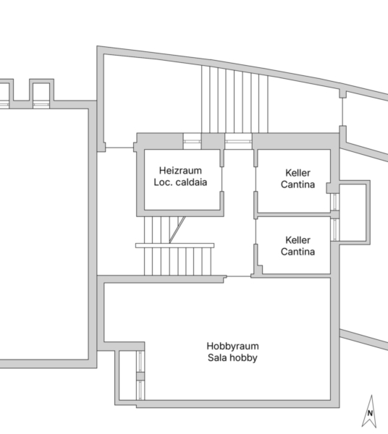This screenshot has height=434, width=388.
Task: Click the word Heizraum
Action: click(x=180, y=170)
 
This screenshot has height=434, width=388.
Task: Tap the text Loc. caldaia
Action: click(x=180, y=182)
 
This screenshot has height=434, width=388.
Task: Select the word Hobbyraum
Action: click(x=232, y=346)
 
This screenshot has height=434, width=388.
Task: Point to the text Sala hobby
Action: click(x=232, y=357)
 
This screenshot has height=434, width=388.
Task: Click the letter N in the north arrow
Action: click(x=370, y=413)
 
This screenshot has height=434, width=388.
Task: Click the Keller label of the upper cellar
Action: click(x=298, y=173)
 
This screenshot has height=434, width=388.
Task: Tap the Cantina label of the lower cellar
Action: click(x=298, y=252)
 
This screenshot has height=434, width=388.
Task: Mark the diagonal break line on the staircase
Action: click(x=177, y=230)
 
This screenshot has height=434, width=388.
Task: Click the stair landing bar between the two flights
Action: click(x=174, y=245)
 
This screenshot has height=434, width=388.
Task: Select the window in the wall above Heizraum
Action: click(x=193, y=142)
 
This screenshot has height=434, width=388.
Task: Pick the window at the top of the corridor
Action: click(x=238, y=142)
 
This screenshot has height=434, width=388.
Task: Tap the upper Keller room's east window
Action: click(x=335, y=202)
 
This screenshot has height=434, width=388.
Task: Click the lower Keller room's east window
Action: click(x=335, y=229)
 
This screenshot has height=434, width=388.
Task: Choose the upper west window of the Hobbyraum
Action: click(x=140, y=361)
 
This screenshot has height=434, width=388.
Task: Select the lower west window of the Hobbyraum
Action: click(x=140, y=391)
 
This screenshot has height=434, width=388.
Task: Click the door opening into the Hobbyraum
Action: click(x=239, y=276)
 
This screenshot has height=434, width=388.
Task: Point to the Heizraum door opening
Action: click(x=222, y=179)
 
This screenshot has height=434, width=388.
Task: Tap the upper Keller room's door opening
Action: click(x=256, y=179)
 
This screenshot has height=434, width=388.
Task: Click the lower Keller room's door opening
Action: click(x=256, y=231)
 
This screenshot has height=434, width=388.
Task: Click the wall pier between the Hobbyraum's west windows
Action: click(x=140, y=376)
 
